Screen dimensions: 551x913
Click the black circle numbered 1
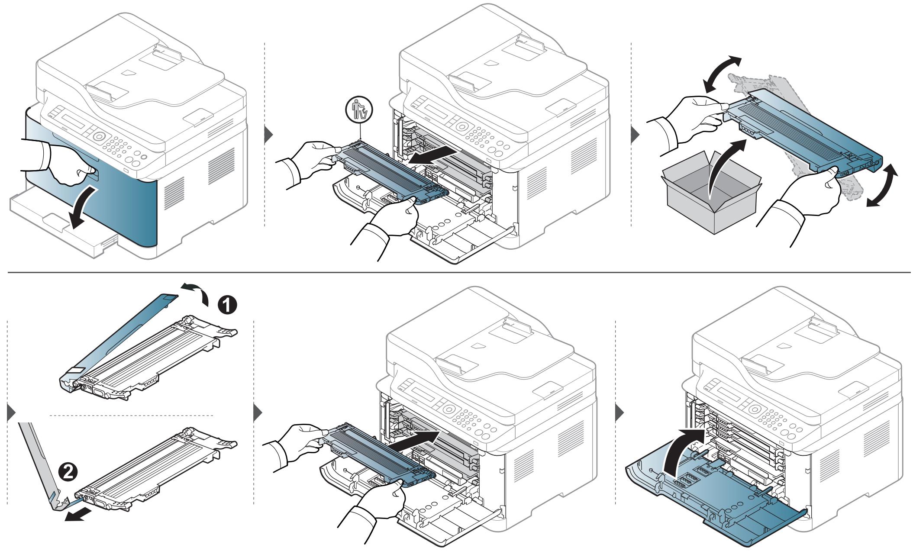coord(226,306)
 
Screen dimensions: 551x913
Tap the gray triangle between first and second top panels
coord(268,135)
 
